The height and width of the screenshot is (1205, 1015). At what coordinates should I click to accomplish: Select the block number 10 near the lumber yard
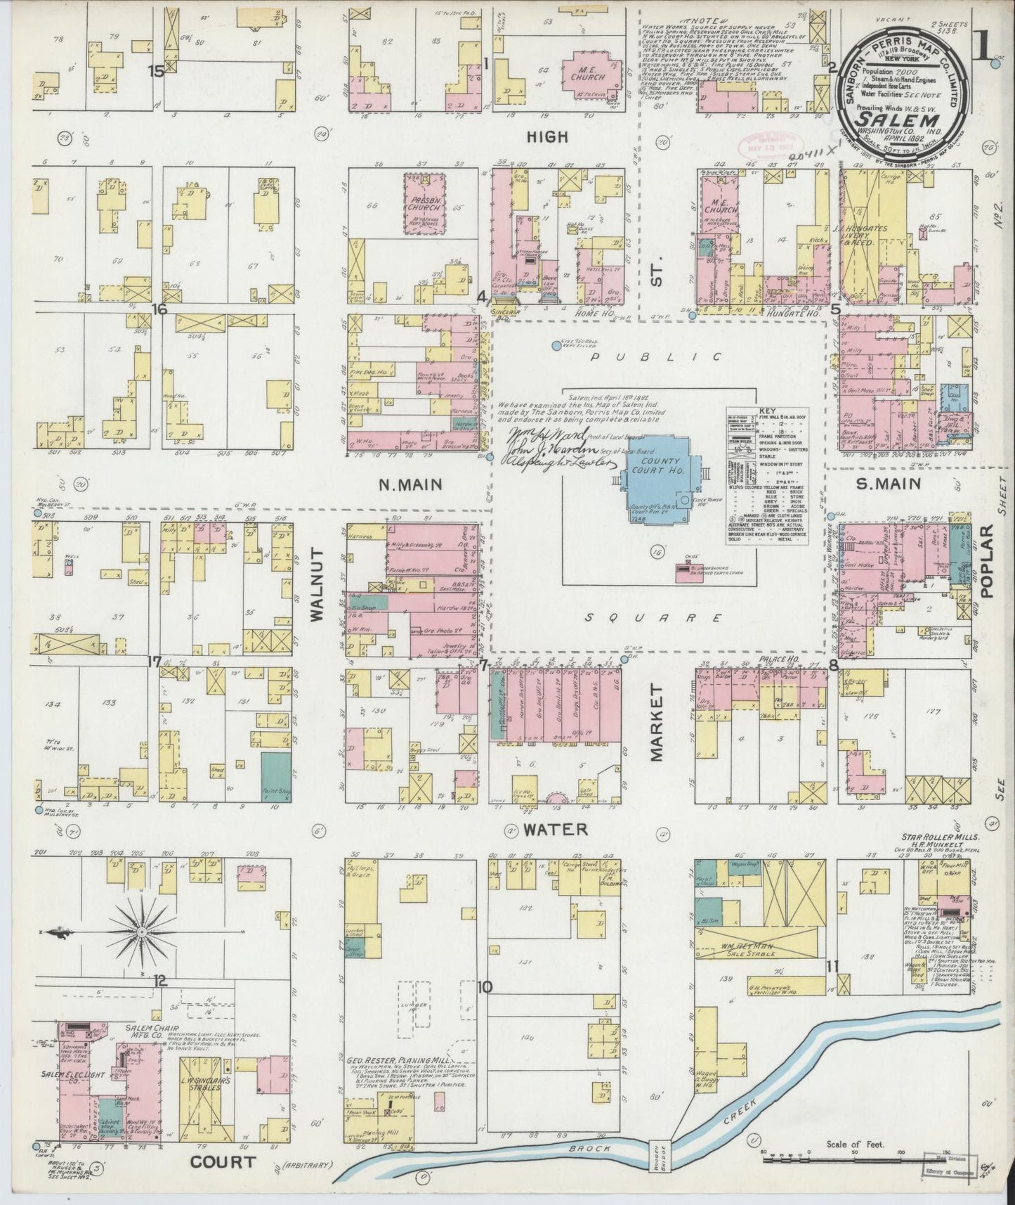pos(485,987)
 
